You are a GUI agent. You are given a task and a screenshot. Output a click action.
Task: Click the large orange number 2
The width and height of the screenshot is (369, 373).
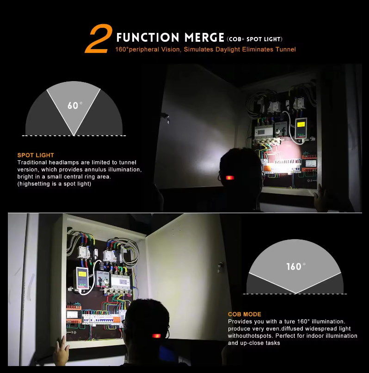point(99,38)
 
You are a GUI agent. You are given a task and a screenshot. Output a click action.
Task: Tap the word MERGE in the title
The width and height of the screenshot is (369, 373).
point(204,38)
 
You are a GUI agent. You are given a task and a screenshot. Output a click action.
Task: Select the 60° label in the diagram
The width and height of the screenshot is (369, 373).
point(75,105)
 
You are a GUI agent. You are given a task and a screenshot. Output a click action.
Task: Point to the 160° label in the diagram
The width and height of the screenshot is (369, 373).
point(296,266)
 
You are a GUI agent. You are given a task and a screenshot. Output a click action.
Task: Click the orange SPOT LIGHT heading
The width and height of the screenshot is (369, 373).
point(36,155)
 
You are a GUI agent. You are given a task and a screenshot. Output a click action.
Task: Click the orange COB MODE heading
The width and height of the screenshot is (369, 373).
point(244,314)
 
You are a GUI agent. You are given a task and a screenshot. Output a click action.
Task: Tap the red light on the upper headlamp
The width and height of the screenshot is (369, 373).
point(230,178)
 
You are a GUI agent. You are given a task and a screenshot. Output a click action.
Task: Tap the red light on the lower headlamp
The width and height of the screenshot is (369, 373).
point(156,336)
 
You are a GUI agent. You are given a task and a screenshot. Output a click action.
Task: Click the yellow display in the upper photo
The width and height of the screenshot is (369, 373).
point(301,125)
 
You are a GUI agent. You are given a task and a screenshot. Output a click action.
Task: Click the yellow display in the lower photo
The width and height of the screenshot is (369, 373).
point(82,274)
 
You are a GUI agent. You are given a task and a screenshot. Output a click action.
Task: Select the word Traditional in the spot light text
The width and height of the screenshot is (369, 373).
point(32,163)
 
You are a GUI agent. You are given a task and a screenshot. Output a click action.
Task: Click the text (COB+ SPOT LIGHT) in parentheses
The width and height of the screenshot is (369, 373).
point(254,39)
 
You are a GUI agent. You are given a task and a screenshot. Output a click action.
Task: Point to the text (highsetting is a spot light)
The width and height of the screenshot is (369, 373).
point(54,184)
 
